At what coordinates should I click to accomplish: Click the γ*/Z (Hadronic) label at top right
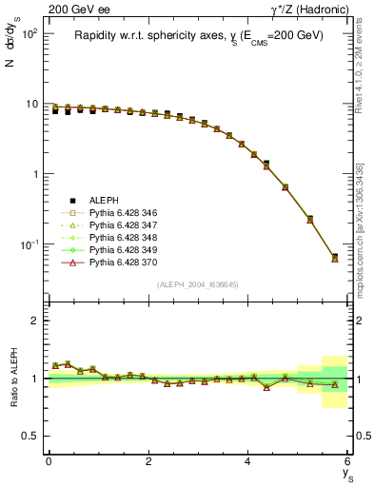(310, 10)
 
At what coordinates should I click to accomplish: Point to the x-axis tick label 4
(248, 461)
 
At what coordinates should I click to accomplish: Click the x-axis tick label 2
(148, 461)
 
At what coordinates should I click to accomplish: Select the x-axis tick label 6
(348, 461)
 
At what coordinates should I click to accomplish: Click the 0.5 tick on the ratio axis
(33, 436)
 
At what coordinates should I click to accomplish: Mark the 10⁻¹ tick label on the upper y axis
(29, 244)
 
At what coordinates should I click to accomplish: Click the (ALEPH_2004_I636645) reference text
(198, 284)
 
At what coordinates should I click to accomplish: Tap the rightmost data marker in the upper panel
(334, 258)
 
